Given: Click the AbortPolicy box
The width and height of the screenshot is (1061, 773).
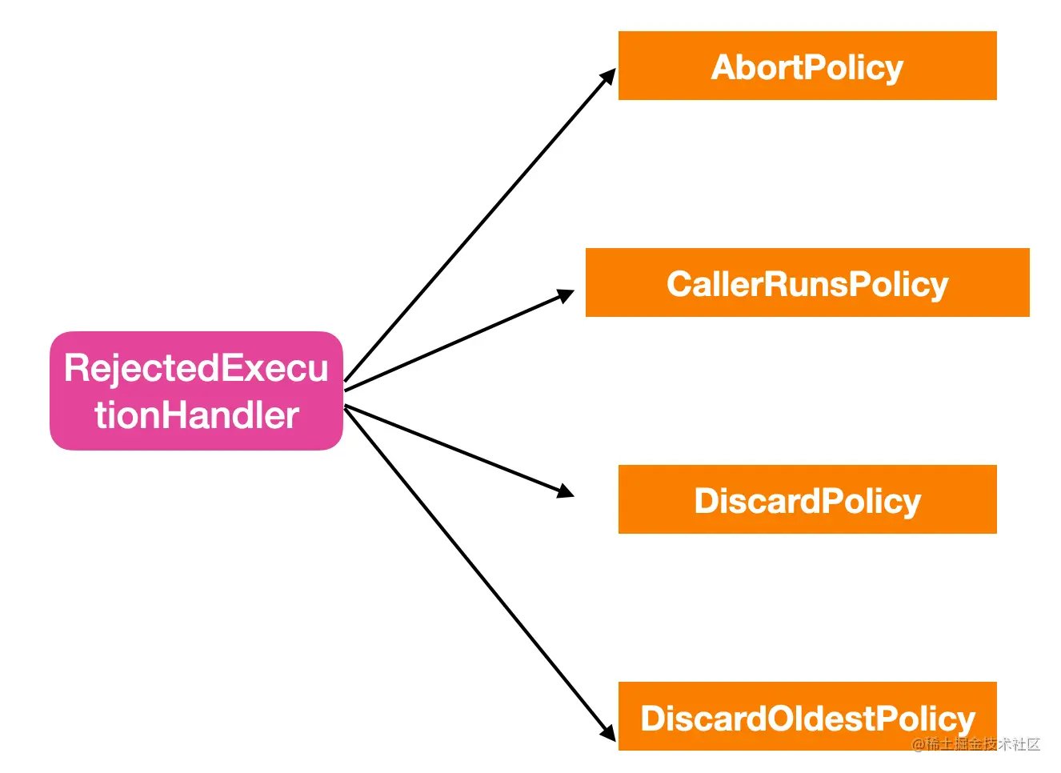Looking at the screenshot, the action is coord(807,66).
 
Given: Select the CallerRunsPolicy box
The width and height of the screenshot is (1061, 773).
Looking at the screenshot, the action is coord(807,282).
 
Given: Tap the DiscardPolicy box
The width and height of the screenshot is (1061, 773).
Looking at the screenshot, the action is coord(807,499).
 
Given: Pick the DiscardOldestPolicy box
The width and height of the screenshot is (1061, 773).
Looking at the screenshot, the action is coord(807,716).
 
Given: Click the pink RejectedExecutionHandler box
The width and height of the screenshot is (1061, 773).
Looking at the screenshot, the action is coord(196,391).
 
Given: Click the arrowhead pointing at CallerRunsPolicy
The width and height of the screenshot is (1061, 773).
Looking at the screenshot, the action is coord(566,295).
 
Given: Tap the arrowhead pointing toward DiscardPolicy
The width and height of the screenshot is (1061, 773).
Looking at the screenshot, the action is coord(566,491).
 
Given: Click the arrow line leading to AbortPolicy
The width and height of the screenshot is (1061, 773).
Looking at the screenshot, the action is coord(480,225).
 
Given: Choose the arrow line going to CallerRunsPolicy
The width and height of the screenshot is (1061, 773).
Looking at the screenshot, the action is coord(459,340).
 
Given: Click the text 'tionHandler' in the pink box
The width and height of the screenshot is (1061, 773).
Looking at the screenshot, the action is coord(197,415).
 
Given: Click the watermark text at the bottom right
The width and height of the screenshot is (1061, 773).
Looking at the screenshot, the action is coord(975,744).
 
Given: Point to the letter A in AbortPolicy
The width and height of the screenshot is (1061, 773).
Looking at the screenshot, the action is coord(724,67).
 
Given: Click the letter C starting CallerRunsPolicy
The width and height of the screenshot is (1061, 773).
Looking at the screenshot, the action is coord(679,284).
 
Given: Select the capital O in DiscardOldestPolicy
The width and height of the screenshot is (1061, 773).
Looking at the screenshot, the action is coord(781,719).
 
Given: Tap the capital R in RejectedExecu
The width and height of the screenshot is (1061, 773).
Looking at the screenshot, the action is coord(76,367).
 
